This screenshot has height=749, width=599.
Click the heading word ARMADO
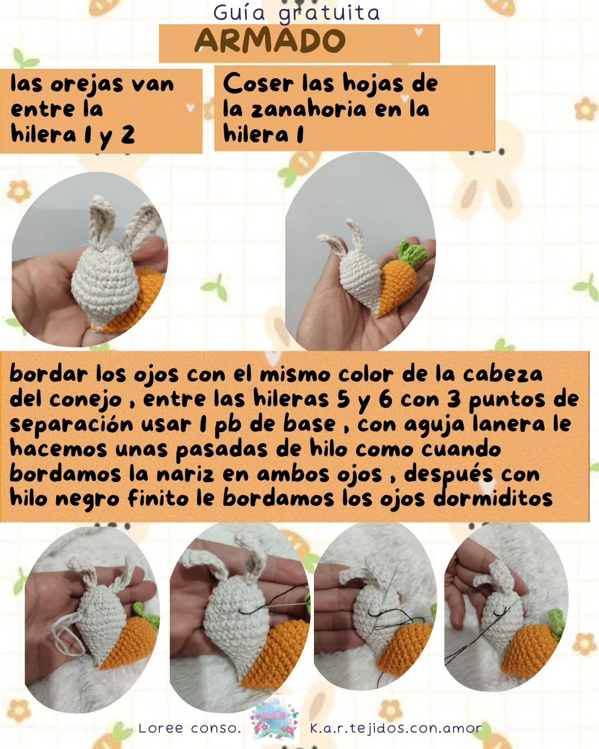pyautogui.click(x=270, y=41)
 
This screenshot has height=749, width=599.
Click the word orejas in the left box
pyautogui.click(x=87, y=84)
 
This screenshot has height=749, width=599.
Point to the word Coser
pyautogui.click(x=258, y=84)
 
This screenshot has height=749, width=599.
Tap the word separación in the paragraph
pyautogui.click(x=72, y=424)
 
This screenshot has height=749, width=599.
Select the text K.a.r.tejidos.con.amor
pyautogui.click(x=395, y=728)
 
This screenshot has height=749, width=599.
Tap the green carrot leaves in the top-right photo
pyautogui.click(x=411, y=252)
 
